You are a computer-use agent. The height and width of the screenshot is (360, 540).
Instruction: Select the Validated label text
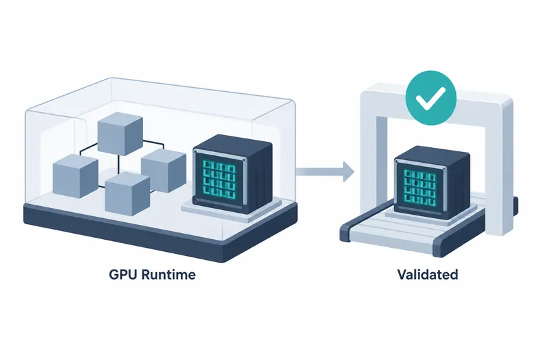click(x=428, y=275)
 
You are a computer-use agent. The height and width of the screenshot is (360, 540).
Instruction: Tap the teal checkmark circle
click(x=431, y=97)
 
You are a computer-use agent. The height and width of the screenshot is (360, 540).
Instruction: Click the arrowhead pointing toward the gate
click(x=348, y=171)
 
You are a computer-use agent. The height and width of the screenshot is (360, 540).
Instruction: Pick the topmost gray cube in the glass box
click(x=120, y=133)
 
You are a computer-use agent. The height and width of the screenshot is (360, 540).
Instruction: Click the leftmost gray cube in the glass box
click(x=75, y=176)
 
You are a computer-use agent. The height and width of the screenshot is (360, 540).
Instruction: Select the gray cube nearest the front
click(x=128, y=194)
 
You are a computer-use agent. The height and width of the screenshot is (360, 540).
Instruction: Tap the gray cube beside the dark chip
click(x=163, y=170)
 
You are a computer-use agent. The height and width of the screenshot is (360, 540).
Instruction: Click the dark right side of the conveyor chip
click(x=459, y=186)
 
